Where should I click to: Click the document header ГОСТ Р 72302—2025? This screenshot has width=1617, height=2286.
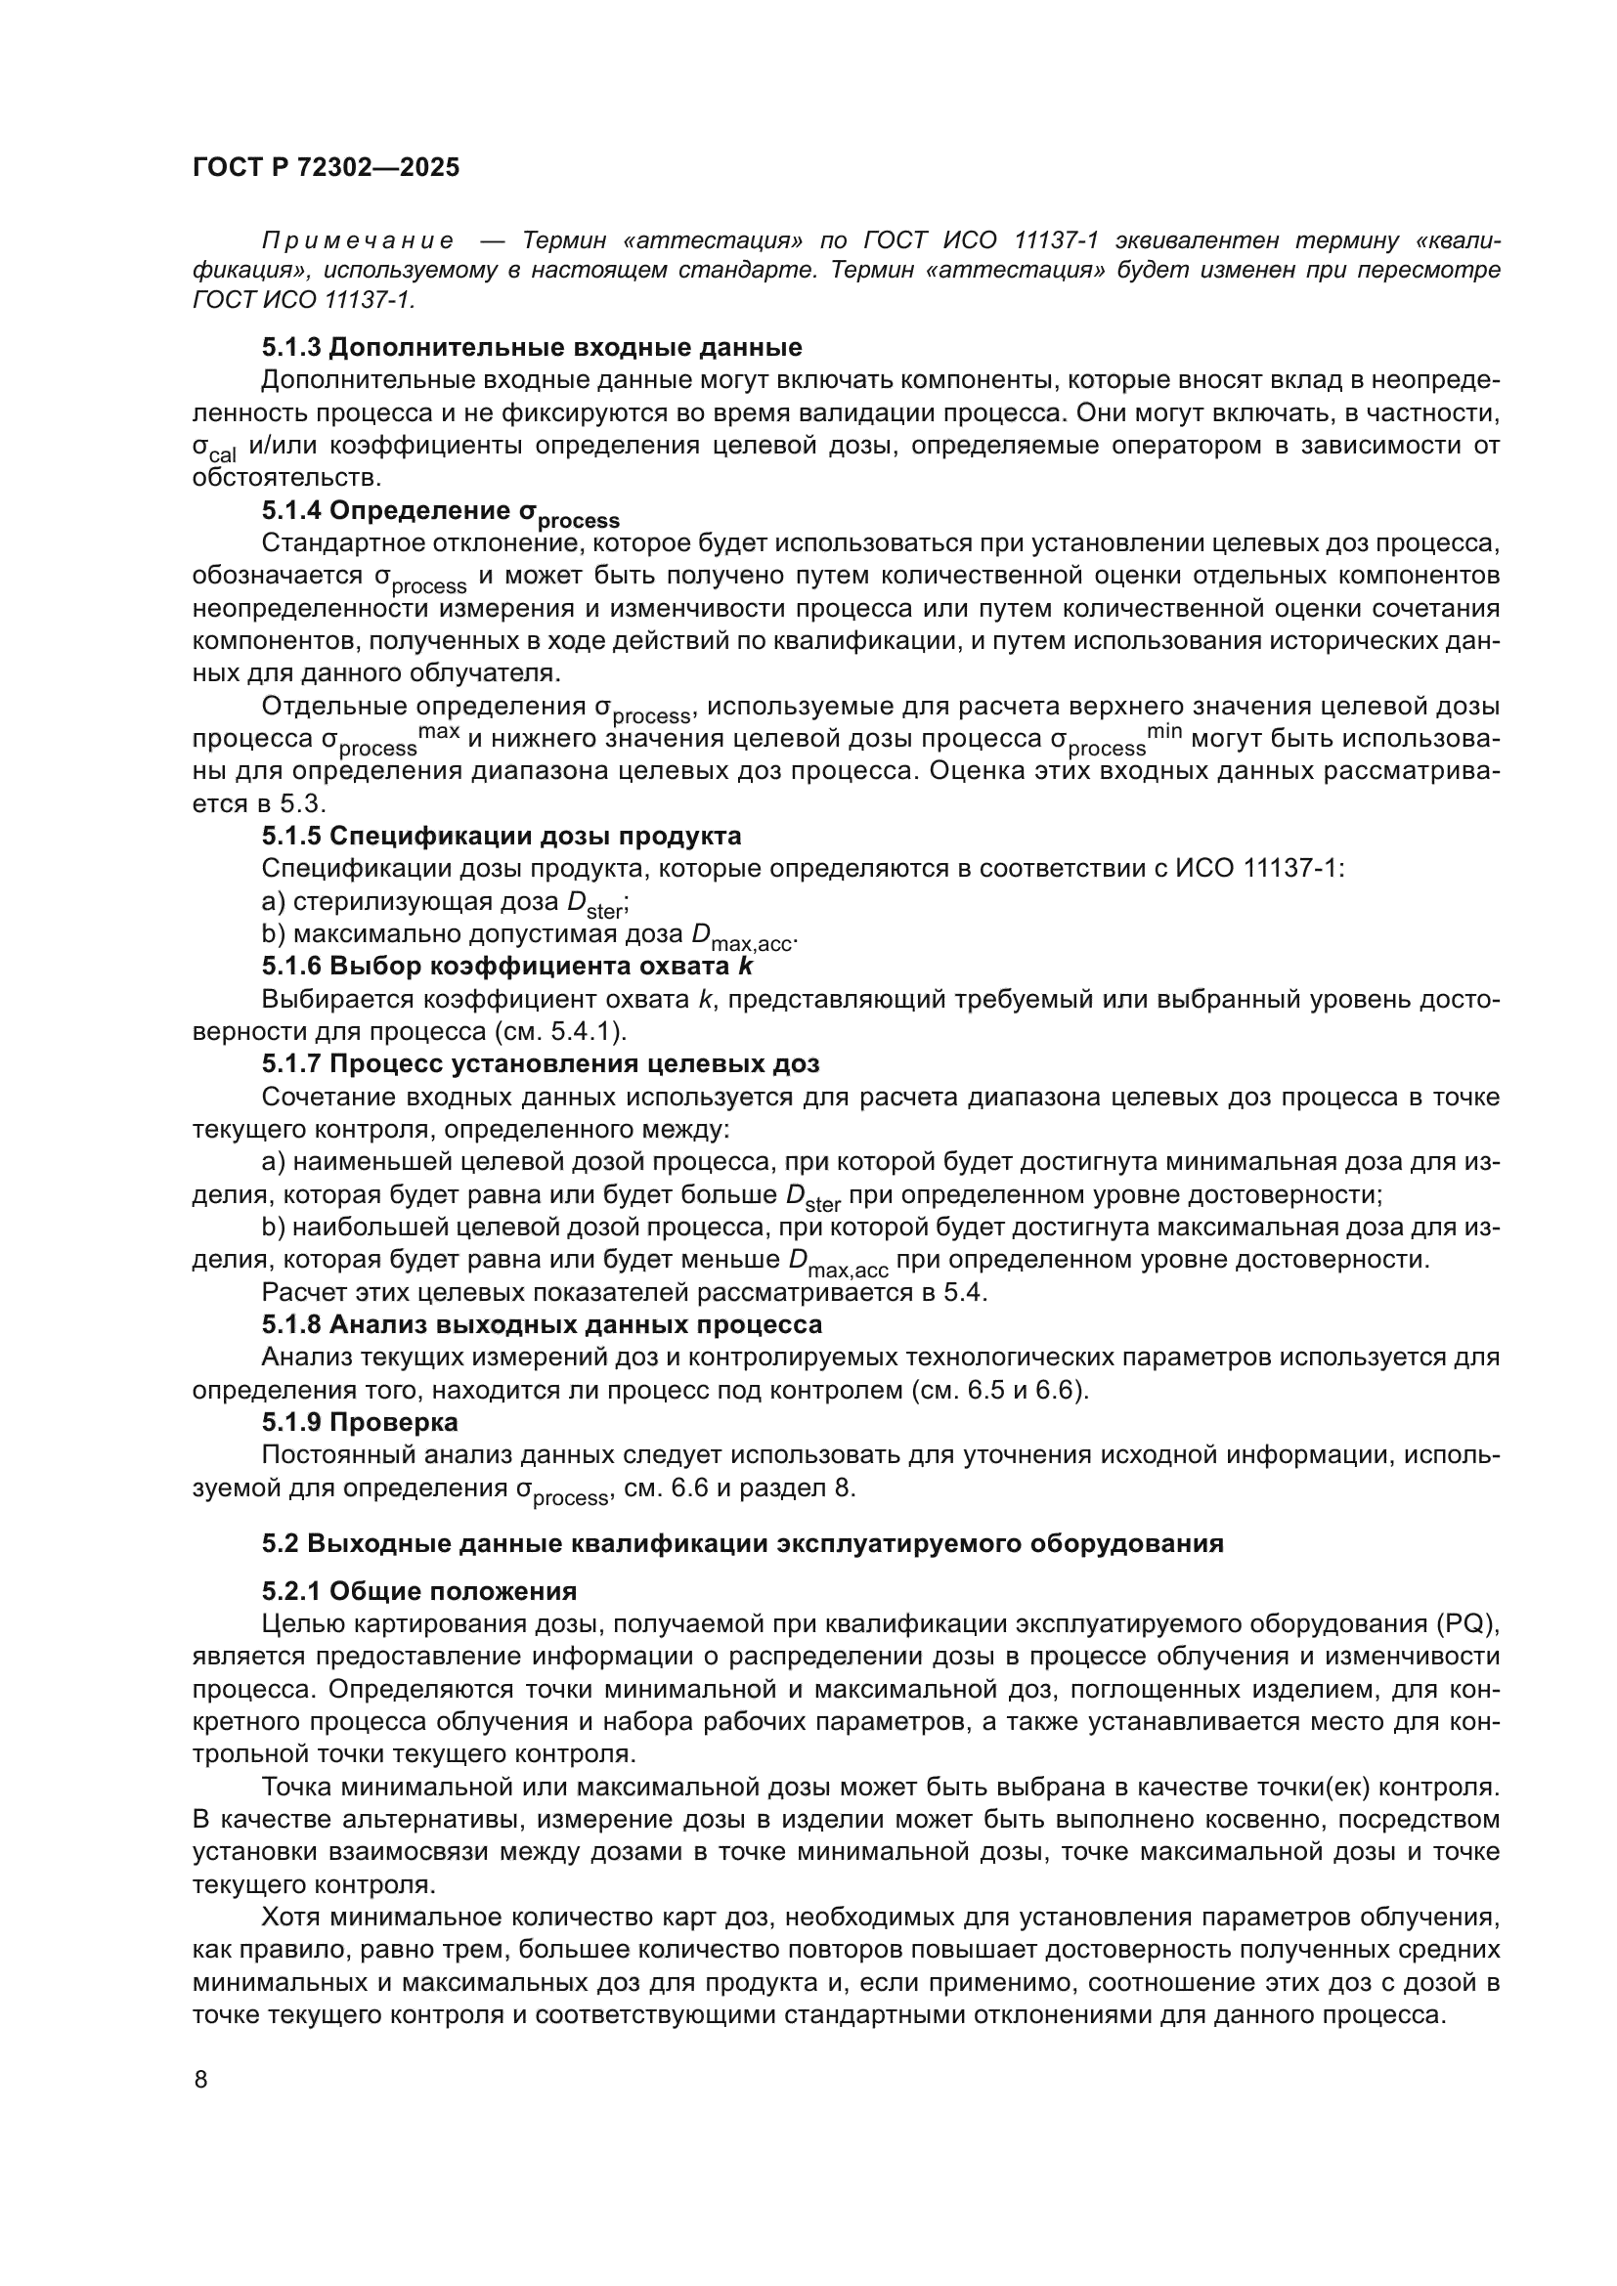[326, 168]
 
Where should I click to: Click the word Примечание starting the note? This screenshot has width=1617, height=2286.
[358, 240]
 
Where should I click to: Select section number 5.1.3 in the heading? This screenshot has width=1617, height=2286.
[290, 348]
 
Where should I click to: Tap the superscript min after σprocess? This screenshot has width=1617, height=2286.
[1164, 732]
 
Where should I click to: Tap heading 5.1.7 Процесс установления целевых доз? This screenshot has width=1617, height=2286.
[540, 1063]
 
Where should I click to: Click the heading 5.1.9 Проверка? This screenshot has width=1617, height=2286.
[360, 1422]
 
